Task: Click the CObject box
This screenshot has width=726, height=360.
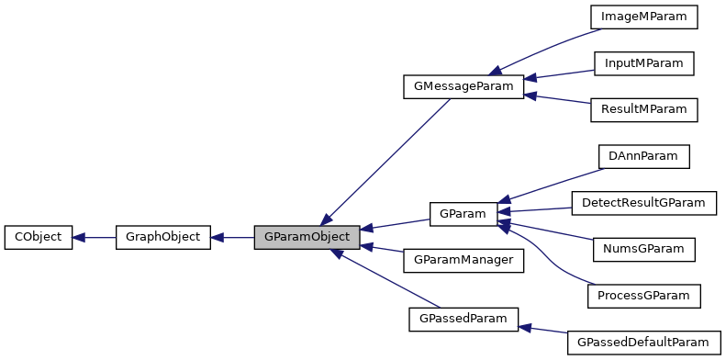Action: point(39,237)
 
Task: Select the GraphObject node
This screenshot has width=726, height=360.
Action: point(163,237)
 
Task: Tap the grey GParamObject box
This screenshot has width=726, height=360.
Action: point(307,237)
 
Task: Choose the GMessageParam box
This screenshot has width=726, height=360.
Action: point(463,87)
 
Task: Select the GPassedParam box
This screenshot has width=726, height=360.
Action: point(463,320)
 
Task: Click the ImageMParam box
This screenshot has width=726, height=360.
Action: point(643,17)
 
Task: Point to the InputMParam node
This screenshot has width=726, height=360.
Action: point(643,63)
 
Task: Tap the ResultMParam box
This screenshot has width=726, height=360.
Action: point(643,109)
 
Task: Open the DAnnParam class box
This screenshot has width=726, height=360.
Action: point(643,156)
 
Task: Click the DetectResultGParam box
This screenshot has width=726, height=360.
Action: point(643,202)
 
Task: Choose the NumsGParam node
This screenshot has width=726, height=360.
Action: point(643,249)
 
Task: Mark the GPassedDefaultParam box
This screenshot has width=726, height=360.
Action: point(643,343)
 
